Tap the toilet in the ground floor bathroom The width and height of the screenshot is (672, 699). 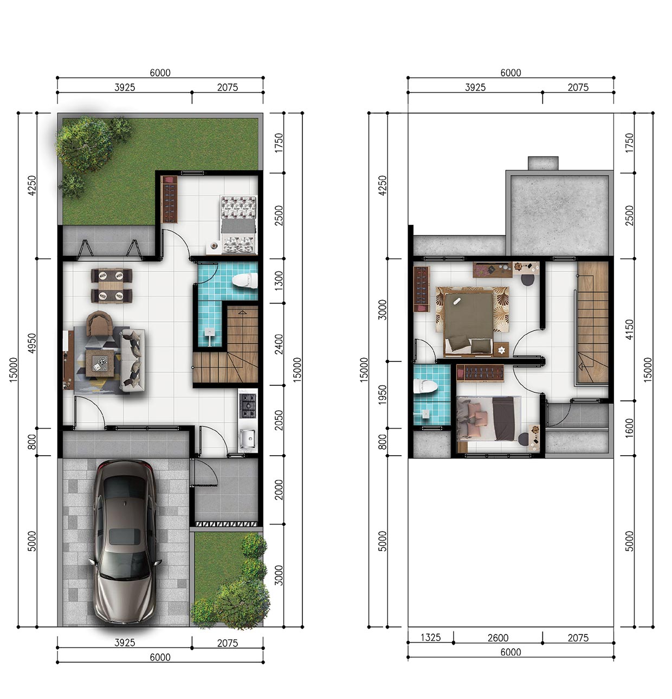point(245,281)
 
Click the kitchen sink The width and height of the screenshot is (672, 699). point(247,438)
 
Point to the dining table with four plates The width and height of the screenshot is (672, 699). point(111,286)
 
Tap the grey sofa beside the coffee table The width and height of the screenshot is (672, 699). point(132,360)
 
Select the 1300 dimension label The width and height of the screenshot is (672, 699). point(279,281)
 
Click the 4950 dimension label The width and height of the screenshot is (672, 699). point(32,343)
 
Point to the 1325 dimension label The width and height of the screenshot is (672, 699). point(430,637)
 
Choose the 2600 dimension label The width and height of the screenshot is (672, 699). point(498,638)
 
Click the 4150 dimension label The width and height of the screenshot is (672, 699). point(629,329)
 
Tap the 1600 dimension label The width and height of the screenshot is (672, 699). point(629,428)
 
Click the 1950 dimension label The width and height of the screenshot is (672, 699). point(383,395)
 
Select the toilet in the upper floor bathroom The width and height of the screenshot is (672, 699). point(425,386)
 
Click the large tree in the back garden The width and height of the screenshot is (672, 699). point(83,144)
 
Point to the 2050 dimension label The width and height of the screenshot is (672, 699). point(279,420)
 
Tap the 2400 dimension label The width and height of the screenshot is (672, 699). point(279,344)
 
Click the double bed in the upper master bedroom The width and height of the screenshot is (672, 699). point(468,321)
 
